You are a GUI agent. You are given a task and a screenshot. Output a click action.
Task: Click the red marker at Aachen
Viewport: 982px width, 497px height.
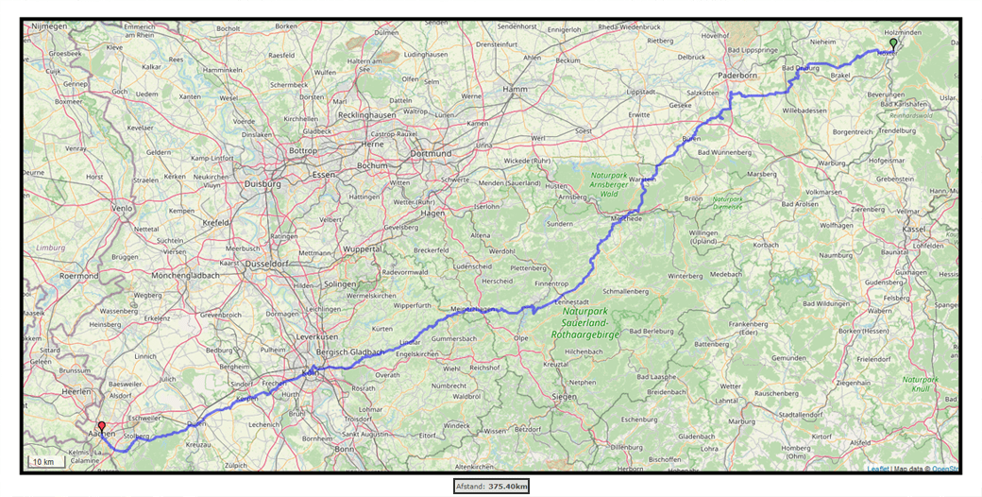[x=101, y=427]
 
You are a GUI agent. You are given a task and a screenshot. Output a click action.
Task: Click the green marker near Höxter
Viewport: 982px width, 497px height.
[x=893, y=43]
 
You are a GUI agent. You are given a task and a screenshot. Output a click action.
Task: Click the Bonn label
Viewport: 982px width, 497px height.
[x=343, y=449]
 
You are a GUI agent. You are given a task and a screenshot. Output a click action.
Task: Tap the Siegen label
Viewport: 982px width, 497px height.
[x=566, y=396]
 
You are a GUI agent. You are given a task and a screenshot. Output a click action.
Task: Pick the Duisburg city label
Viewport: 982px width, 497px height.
[x=262, y=184]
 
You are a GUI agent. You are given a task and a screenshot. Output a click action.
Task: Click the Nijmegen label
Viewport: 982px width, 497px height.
[x=49, y=26]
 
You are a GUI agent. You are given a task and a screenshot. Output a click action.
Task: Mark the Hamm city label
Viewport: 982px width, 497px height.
[x=516, y=89]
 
